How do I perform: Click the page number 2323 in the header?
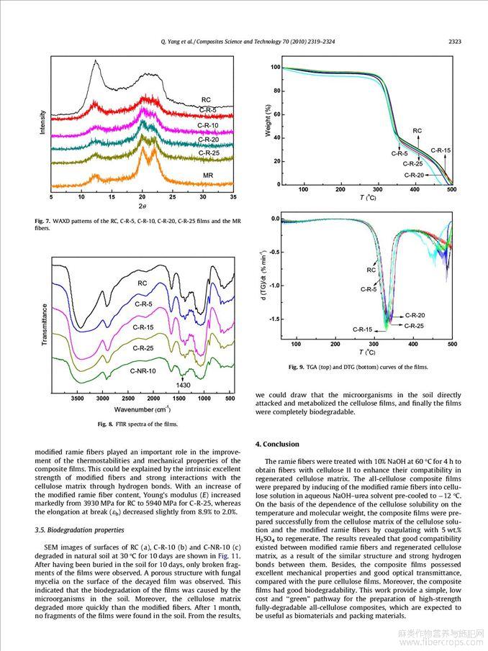point(454,42)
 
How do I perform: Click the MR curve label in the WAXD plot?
point(208,176)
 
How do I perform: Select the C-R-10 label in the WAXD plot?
point(208,125)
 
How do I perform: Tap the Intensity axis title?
point(42,122)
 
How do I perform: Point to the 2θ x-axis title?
point(142,206)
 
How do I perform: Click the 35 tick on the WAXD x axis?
point(233,197)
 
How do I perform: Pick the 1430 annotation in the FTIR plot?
point(183,385)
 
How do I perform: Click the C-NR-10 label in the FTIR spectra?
point(143,370)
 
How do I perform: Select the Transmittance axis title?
point(45,324)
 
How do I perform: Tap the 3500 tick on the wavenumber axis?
point(77,399)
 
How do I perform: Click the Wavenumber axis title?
point(142,410)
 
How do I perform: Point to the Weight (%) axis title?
point(268,120)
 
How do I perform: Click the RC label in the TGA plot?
point(417,131)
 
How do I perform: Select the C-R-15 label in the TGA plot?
point(440,150)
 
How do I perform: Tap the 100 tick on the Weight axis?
point(276,68)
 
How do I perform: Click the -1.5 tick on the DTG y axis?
point(275,319)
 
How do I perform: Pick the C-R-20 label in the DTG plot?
point(415,316)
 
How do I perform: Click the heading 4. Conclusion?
point(277,445)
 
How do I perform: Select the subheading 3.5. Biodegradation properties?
point(79,530)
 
